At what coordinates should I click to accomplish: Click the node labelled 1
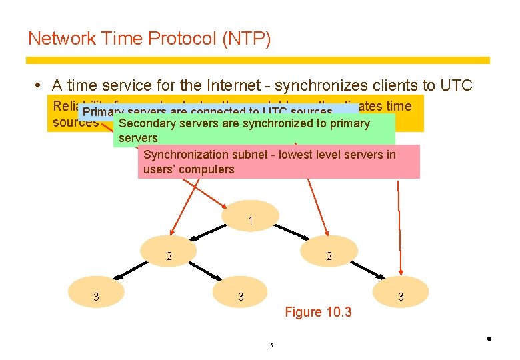[249, 221]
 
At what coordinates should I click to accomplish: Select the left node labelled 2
[169, 256]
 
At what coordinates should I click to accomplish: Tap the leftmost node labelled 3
[96, 297]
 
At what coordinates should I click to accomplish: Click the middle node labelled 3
[241, 297]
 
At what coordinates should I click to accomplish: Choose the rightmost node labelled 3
[400, 297]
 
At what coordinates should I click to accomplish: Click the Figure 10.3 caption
[318, 312]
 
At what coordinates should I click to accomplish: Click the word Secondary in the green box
[147, 123]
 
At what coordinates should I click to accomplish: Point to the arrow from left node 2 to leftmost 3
[131, 270]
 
